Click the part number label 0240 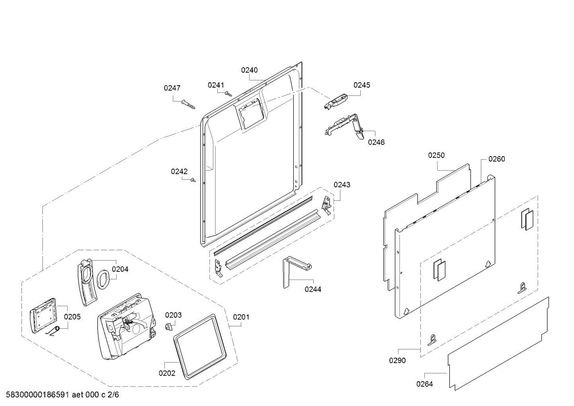[x=249, y=70]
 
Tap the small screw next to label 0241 [x=228, y=94]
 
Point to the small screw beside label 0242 [x=193, y=180]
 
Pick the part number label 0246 [x=376, y=142]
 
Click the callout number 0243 [x=342, y=184]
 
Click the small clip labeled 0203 [x=168, y=326]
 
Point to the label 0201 [x=241, y=317]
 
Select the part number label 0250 [x=436, y=155]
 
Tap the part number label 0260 [x=496, y=159]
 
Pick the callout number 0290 [x=397, y=361]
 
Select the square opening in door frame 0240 [x=251, y=113]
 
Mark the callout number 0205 [x=72, y=317]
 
